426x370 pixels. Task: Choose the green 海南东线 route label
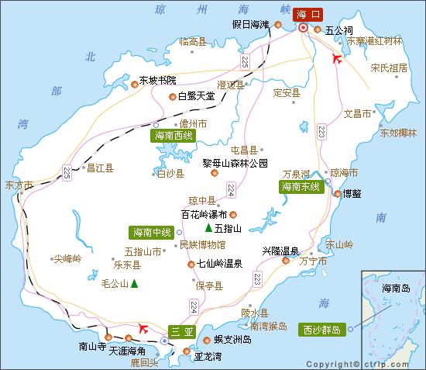(x=301, y=187)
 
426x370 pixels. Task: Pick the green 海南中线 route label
(x=151, y=231)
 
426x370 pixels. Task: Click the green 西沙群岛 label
(x=321, y=329)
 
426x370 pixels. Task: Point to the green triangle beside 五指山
(x=208, y=229)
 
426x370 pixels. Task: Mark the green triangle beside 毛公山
(x=135, y=284)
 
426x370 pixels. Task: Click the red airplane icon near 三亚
(x=143, y=328)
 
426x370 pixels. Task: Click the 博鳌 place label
(x=352, y=193)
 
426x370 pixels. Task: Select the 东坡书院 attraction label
(x=157, y=80)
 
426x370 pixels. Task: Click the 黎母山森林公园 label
(x=235, y=163)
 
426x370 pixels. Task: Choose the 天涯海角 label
(x=127, y=351)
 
